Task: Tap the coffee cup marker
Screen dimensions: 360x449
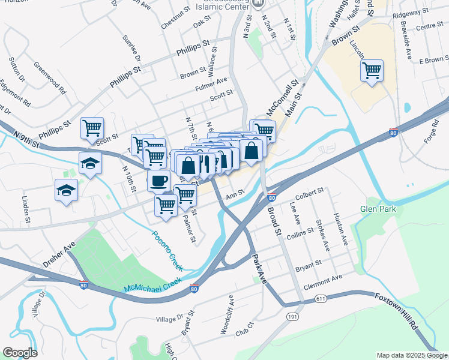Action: (158, 180)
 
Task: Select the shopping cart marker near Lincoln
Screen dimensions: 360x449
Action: (372, 71)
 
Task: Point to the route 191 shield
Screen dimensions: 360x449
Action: (292, 316)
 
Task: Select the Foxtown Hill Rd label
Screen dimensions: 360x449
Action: (397, 311)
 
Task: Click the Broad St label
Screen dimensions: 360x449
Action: (274, 221)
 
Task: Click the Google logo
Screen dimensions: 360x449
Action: (20, 353)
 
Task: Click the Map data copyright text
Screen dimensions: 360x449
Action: (411, 355)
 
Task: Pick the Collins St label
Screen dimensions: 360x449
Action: (301, 233)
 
